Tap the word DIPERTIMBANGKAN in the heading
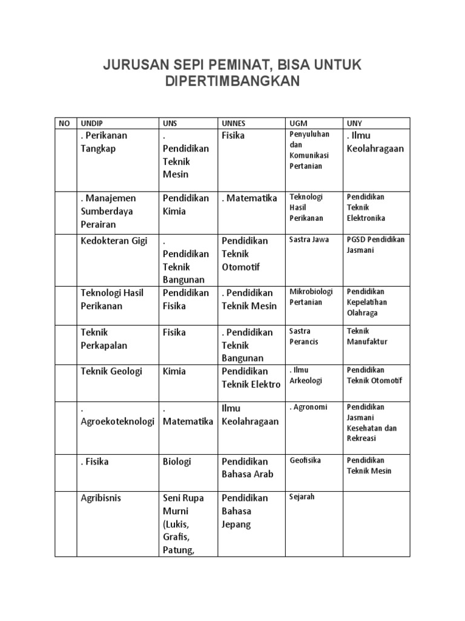232,82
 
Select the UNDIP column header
90,123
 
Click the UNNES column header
234,123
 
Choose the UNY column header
354,123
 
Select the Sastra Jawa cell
309,240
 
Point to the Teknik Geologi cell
111,371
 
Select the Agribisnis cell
101,498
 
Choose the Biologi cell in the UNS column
177,462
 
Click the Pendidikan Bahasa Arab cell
245,468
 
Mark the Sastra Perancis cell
304,337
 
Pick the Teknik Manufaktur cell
367,337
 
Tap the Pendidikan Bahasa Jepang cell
245,511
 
